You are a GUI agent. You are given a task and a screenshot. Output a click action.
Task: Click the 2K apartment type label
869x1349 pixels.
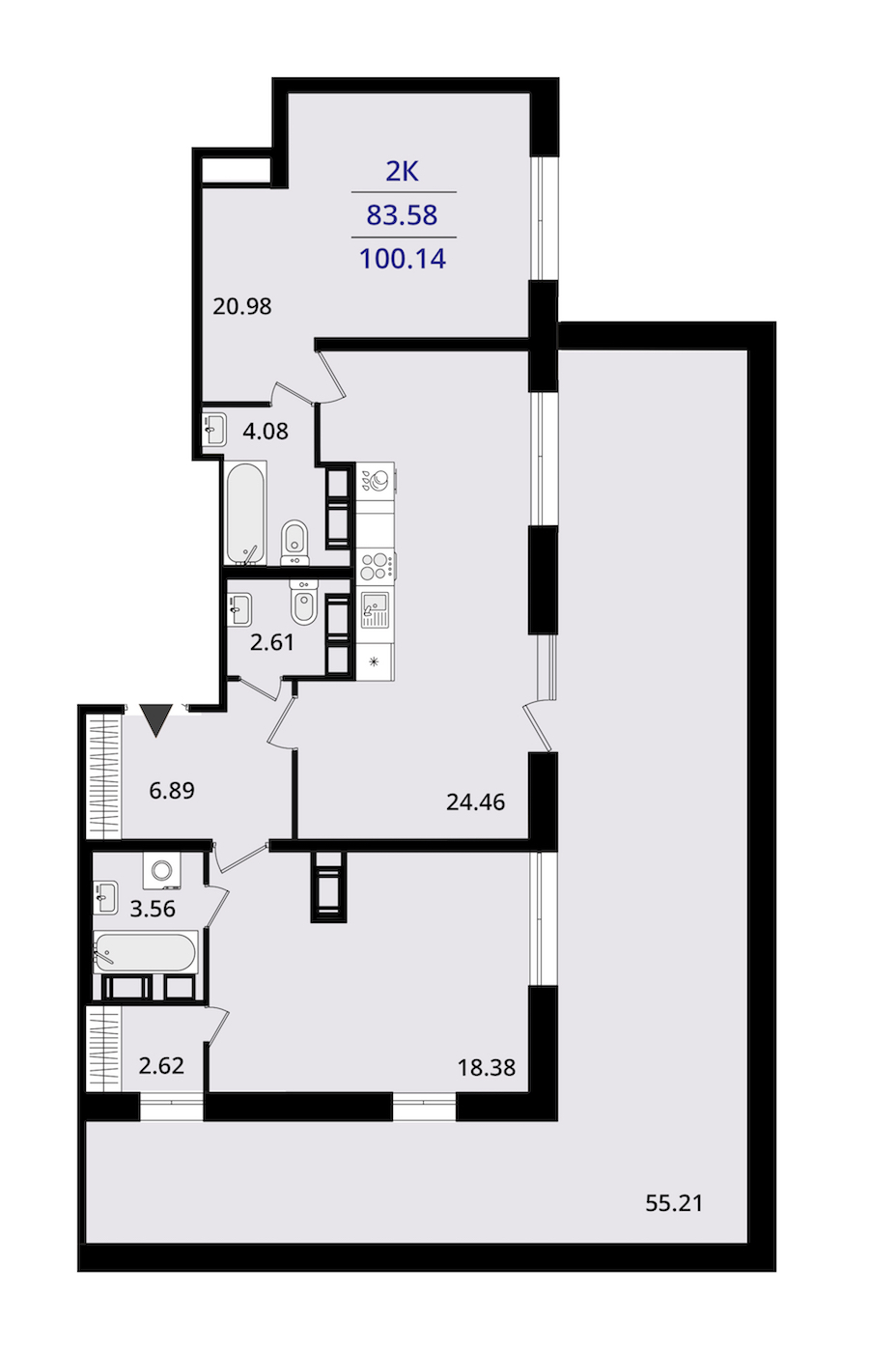(402, 172)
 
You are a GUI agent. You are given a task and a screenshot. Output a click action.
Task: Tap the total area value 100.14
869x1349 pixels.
(403, 259)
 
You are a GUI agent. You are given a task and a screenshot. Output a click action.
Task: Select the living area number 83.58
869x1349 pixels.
(403, 215)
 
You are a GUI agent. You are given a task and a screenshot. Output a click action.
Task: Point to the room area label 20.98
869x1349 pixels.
(242, 306)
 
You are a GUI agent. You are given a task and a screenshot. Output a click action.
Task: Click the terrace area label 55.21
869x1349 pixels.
(674, 1203)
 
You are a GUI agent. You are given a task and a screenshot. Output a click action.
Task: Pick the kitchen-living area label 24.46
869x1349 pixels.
(475, 802)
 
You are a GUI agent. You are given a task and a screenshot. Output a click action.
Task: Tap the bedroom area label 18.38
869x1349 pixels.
(487, 1068)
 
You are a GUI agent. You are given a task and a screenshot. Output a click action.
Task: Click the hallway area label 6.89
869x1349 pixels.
(172, 790)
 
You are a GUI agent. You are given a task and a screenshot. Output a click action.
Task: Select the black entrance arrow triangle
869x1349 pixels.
(156, 719)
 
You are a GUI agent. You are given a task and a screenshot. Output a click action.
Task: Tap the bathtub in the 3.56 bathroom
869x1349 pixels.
(145, 952)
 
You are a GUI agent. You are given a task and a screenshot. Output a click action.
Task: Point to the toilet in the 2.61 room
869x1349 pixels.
(302, 603)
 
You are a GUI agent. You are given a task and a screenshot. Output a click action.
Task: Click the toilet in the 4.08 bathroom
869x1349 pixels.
(294, 543)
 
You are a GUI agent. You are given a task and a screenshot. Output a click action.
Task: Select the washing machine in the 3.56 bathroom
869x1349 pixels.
(161, 871)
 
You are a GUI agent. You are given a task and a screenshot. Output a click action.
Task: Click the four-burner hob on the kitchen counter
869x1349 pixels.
(376, 566)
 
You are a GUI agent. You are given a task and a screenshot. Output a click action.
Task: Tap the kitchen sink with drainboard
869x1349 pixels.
(375, 610)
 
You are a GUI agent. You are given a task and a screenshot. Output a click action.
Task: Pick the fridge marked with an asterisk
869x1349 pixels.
(376, 661)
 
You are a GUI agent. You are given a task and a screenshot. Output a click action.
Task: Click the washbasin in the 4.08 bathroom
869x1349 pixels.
(213, 430)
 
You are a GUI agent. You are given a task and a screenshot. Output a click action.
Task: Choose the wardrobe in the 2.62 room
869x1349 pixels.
(104, 1049)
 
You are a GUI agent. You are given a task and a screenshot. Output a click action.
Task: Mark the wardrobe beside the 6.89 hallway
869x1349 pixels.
(104, 776)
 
